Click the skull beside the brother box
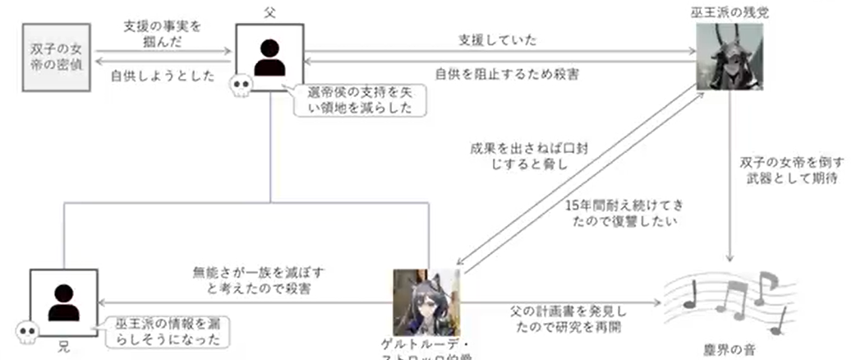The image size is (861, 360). point(28,333)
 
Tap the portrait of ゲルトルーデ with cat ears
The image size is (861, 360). point(426,302)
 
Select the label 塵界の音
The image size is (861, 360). point(724,349)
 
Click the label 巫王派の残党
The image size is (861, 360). point(730,12)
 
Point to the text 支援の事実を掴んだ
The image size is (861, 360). point(163,33)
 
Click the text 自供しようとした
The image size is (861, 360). point(163,76)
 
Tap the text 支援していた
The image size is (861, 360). point(498,39)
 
